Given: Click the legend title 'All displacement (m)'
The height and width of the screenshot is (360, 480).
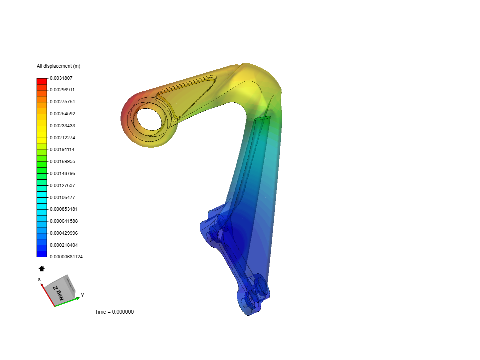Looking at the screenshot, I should [x=58, y=66].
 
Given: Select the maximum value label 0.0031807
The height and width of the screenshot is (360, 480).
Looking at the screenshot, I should [x=61, y=78].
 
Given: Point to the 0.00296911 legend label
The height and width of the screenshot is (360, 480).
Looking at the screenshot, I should [x=62, y=90].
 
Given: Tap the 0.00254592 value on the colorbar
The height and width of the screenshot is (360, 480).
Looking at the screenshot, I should [x=62, y=114].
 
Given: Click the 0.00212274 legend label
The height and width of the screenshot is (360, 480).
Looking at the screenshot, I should [x=62, y=138].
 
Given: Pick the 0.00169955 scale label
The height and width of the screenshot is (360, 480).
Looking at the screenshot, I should [x=62, y=161].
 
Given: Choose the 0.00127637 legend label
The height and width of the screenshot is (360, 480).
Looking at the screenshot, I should [x=62, y=185].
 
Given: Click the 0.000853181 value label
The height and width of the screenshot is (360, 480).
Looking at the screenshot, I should [x=64, y=209].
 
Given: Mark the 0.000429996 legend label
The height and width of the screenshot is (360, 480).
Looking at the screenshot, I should [x=64, y=233].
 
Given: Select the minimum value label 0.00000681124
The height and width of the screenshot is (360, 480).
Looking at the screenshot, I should [x=66, y=257].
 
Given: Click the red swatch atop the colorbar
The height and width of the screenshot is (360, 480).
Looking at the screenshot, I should [x=42, y=81].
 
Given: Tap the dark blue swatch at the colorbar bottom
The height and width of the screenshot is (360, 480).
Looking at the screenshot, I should [x=42, y=254].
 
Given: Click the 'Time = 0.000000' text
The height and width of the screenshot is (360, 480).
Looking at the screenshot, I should [x=114, y=312].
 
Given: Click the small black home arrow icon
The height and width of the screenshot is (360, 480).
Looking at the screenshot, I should [x=42, y=269].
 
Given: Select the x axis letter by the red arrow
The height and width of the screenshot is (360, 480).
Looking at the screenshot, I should [x=39, y=279].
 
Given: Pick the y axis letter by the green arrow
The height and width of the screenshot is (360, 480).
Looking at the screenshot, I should [x=82, y=295].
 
